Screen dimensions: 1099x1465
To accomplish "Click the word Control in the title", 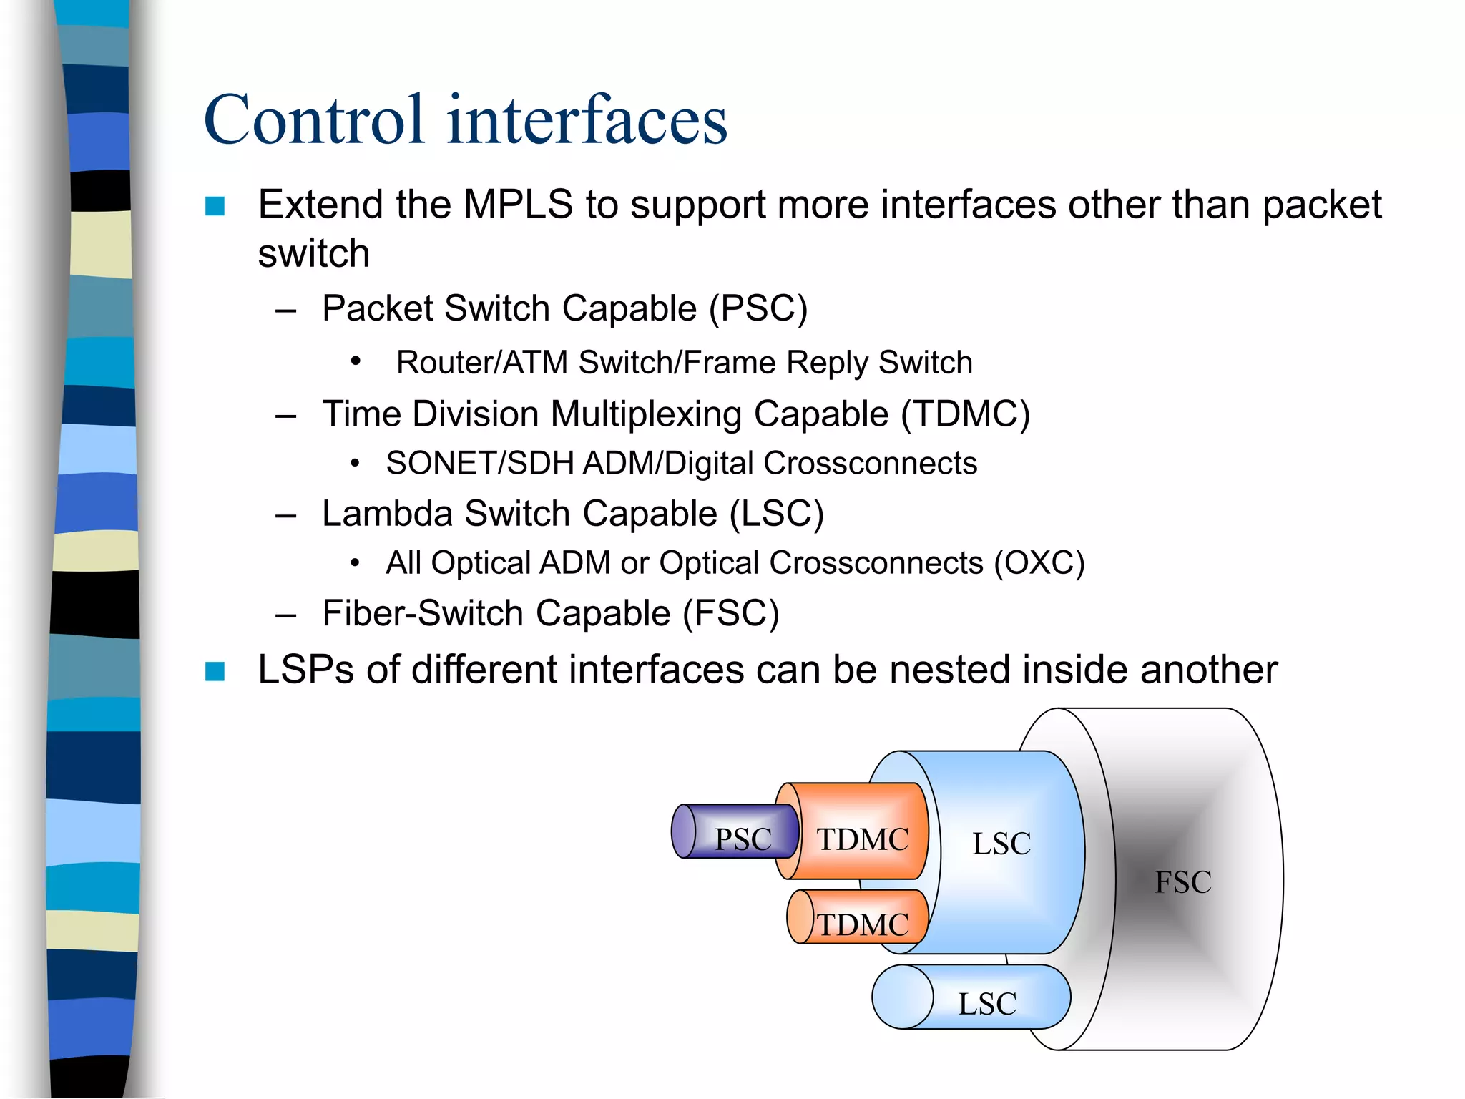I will (315, 120).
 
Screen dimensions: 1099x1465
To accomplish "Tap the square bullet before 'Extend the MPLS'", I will (215, 207).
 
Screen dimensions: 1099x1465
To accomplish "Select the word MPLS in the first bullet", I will (518, 205).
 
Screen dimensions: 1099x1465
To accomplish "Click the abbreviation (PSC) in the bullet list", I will (758, 309).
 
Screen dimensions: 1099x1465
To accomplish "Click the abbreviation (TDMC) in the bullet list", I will (965, 414).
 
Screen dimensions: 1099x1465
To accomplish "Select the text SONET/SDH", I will (480, 464).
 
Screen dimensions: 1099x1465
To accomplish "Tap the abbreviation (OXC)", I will (1039, 563).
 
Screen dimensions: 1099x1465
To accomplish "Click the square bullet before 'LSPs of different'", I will (215, 671).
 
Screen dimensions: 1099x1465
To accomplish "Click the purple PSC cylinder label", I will (743, 839).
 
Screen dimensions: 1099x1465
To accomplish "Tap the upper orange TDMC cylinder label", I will (863, 839).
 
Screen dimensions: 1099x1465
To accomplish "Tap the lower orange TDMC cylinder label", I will (863, 924).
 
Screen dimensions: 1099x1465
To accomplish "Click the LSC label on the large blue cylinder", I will (1001, 844).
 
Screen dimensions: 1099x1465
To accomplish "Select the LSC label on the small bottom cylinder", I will (987, 1004).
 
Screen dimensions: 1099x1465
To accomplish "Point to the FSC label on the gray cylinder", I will (1183, 882).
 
